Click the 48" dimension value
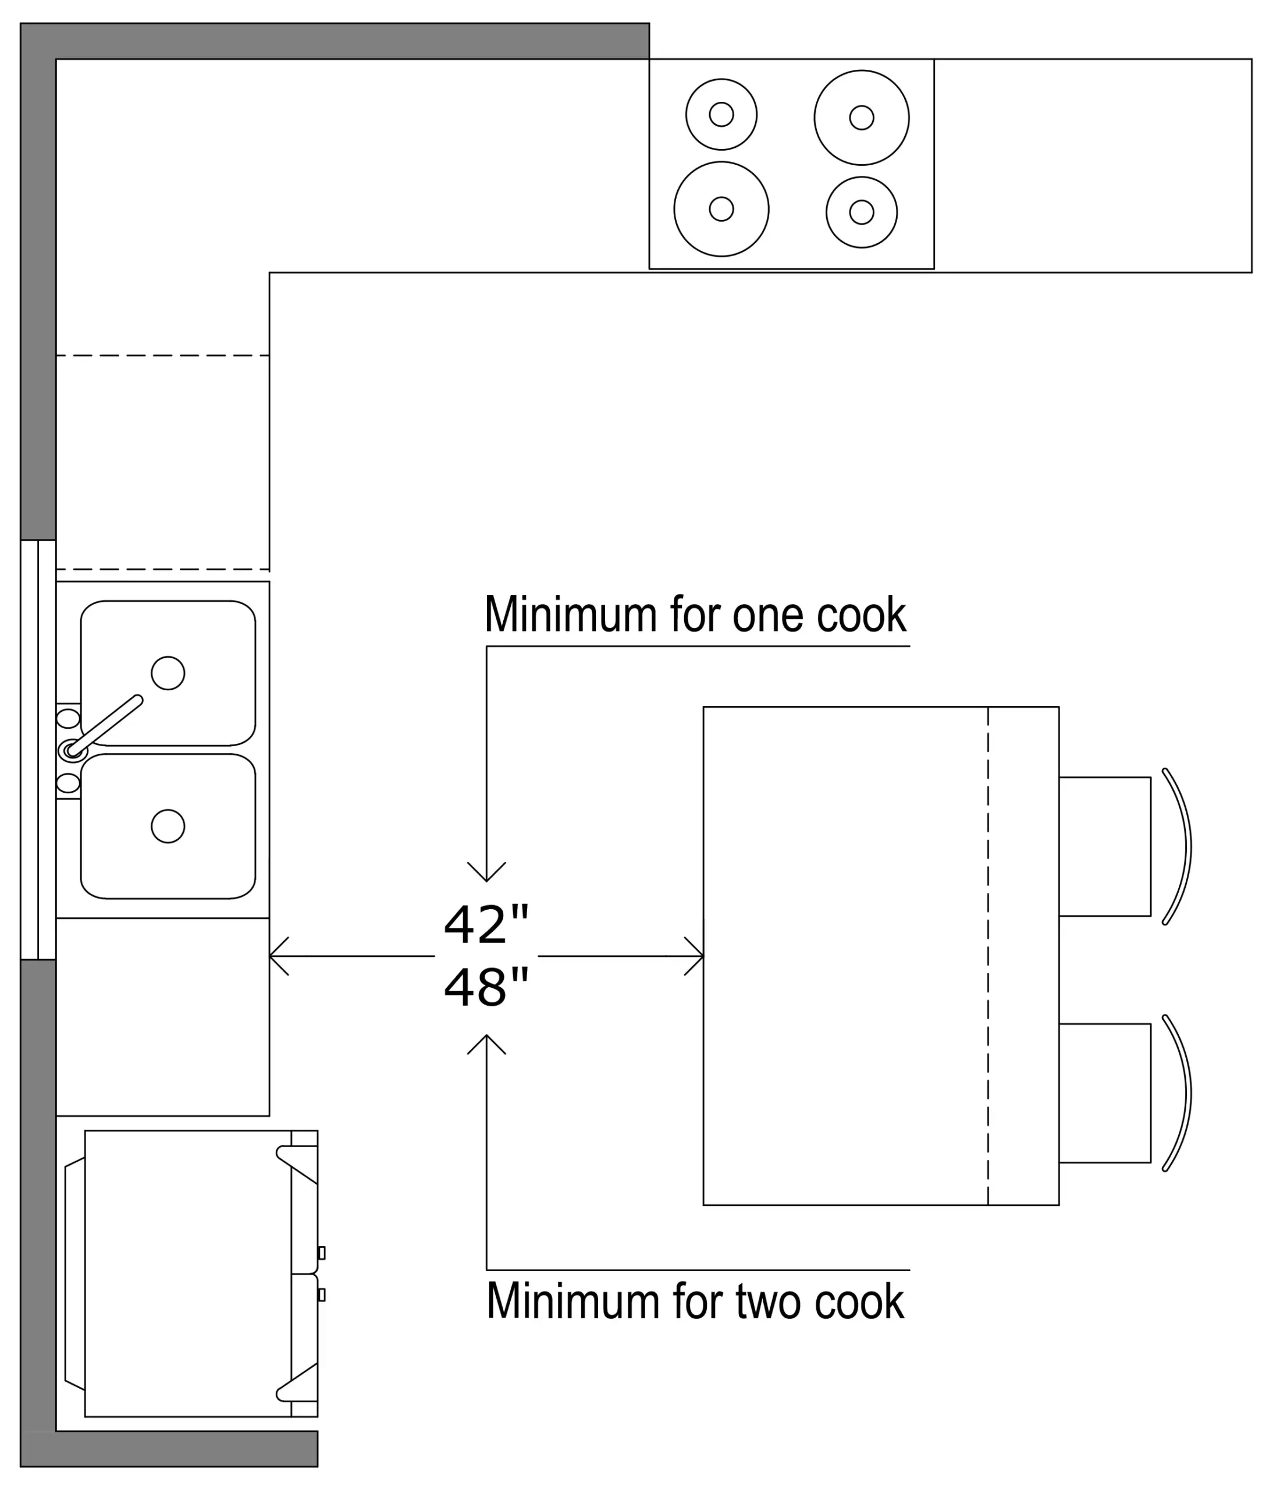pyautogui.click(x=486, y=987)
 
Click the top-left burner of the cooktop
pyautogui.click(x=721, y=114)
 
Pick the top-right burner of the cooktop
pyautogui.click(x=861, y=117)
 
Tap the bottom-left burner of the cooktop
pyautogui.click(x=721, y=208)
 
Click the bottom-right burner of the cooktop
pyautogui.click(x=861, y=212)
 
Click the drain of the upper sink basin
pyautogui.click(x=168, y=673)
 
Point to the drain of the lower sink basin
pyautogui.click(x=168, y=826)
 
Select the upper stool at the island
pyautogui.click(x=1104, y=846)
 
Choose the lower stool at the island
pyautogui.click(x=1104, y=1093)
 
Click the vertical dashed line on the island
pyautogui.click(x=988, y=956)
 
